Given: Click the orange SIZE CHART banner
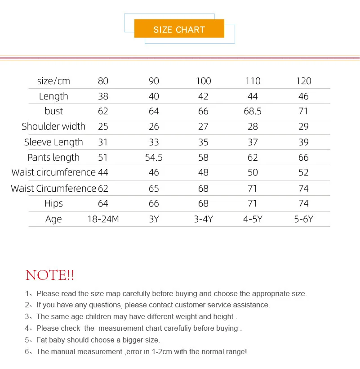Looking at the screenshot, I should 179,30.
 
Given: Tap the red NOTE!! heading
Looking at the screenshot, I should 50,275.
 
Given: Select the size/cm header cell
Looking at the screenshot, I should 53,81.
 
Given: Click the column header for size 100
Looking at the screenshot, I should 203,81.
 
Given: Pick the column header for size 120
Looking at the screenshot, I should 303,81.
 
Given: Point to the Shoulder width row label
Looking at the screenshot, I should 53,126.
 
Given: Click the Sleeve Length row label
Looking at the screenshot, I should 53,142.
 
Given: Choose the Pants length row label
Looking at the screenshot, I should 53,157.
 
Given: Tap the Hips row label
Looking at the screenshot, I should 53,203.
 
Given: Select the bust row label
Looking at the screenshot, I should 53,111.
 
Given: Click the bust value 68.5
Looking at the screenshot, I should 253,111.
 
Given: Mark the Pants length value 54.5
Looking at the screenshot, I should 154,157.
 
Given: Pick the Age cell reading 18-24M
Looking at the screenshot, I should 103,219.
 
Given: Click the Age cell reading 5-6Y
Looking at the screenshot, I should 303,219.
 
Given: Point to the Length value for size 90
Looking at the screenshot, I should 154,96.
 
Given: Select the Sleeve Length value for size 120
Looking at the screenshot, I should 303,142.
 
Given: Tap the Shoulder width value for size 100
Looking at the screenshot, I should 203,126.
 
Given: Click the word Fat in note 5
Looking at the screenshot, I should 42,340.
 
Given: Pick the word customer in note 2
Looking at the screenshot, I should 179,305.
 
